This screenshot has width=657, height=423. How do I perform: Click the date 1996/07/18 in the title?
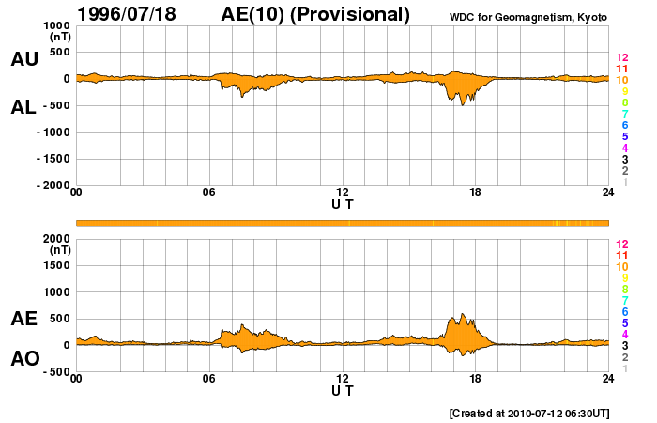click(131, 14)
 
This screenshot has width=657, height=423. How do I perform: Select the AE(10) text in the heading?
click(252, 14)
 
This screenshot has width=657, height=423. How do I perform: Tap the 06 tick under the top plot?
click(209, 193)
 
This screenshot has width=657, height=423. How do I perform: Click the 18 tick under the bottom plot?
click(476, 379)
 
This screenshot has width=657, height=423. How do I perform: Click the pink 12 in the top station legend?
click(620, 58)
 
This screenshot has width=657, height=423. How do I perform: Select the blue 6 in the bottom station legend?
click(622, 311)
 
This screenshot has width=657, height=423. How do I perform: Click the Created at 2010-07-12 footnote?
click(529, 413)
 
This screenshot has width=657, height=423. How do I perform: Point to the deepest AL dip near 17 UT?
click(462, 103)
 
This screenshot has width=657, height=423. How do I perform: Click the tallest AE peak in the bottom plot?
click(462, 315)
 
